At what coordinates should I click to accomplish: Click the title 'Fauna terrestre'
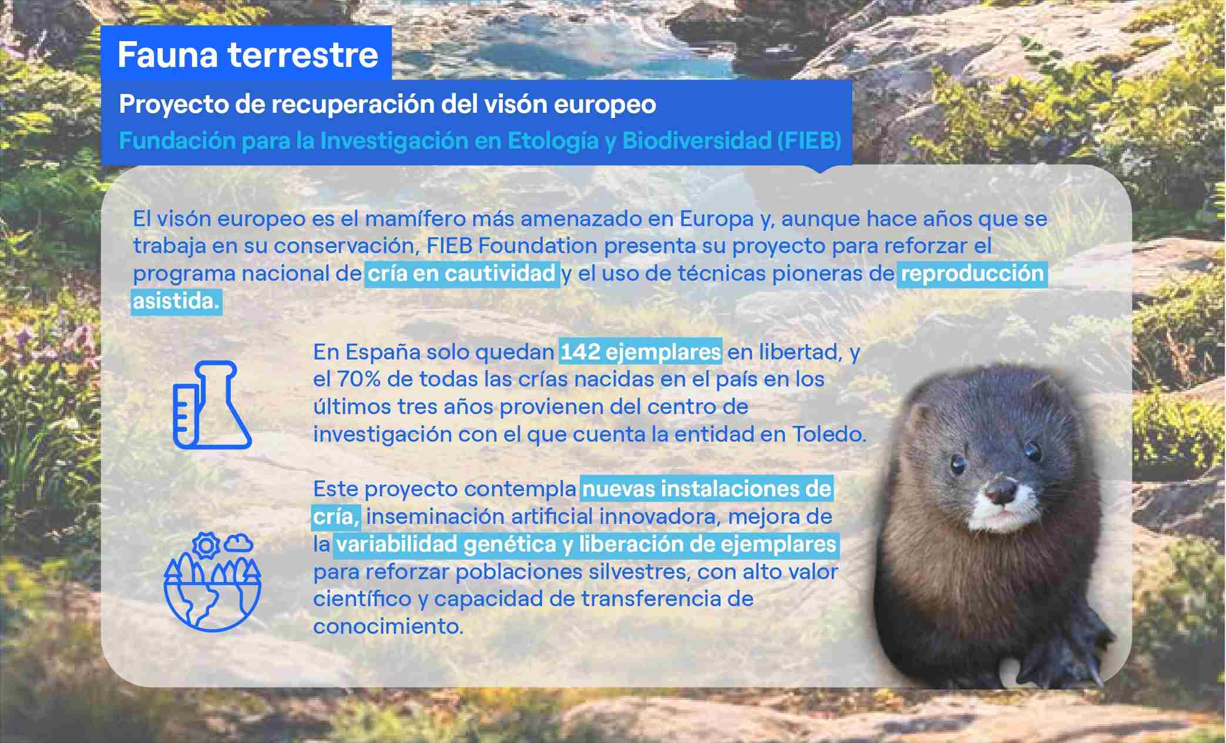point(247,55)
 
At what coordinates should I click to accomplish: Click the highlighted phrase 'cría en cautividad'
point(462,274)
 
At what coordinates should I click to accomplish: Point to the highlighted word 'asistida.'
point(176,301)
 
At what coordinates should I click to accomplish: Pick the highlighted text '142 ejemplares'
point(640,352)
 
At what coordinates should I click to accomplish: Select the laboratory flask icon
point(211,405)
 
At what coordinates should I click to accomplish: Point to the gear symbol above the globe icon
point(206,546)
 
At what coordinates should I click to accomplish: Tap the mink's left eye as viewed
point(958,464)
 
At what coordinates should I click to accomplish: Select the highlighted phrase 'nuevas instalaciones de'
point(707,489)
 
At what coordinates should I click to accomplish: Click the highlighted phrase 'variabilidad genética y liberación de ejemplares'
point(586,544)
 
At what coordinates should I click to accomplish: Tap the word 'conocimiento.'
point(388,627)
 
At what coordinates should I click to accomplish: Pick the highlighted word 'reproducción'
point(972,274)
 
